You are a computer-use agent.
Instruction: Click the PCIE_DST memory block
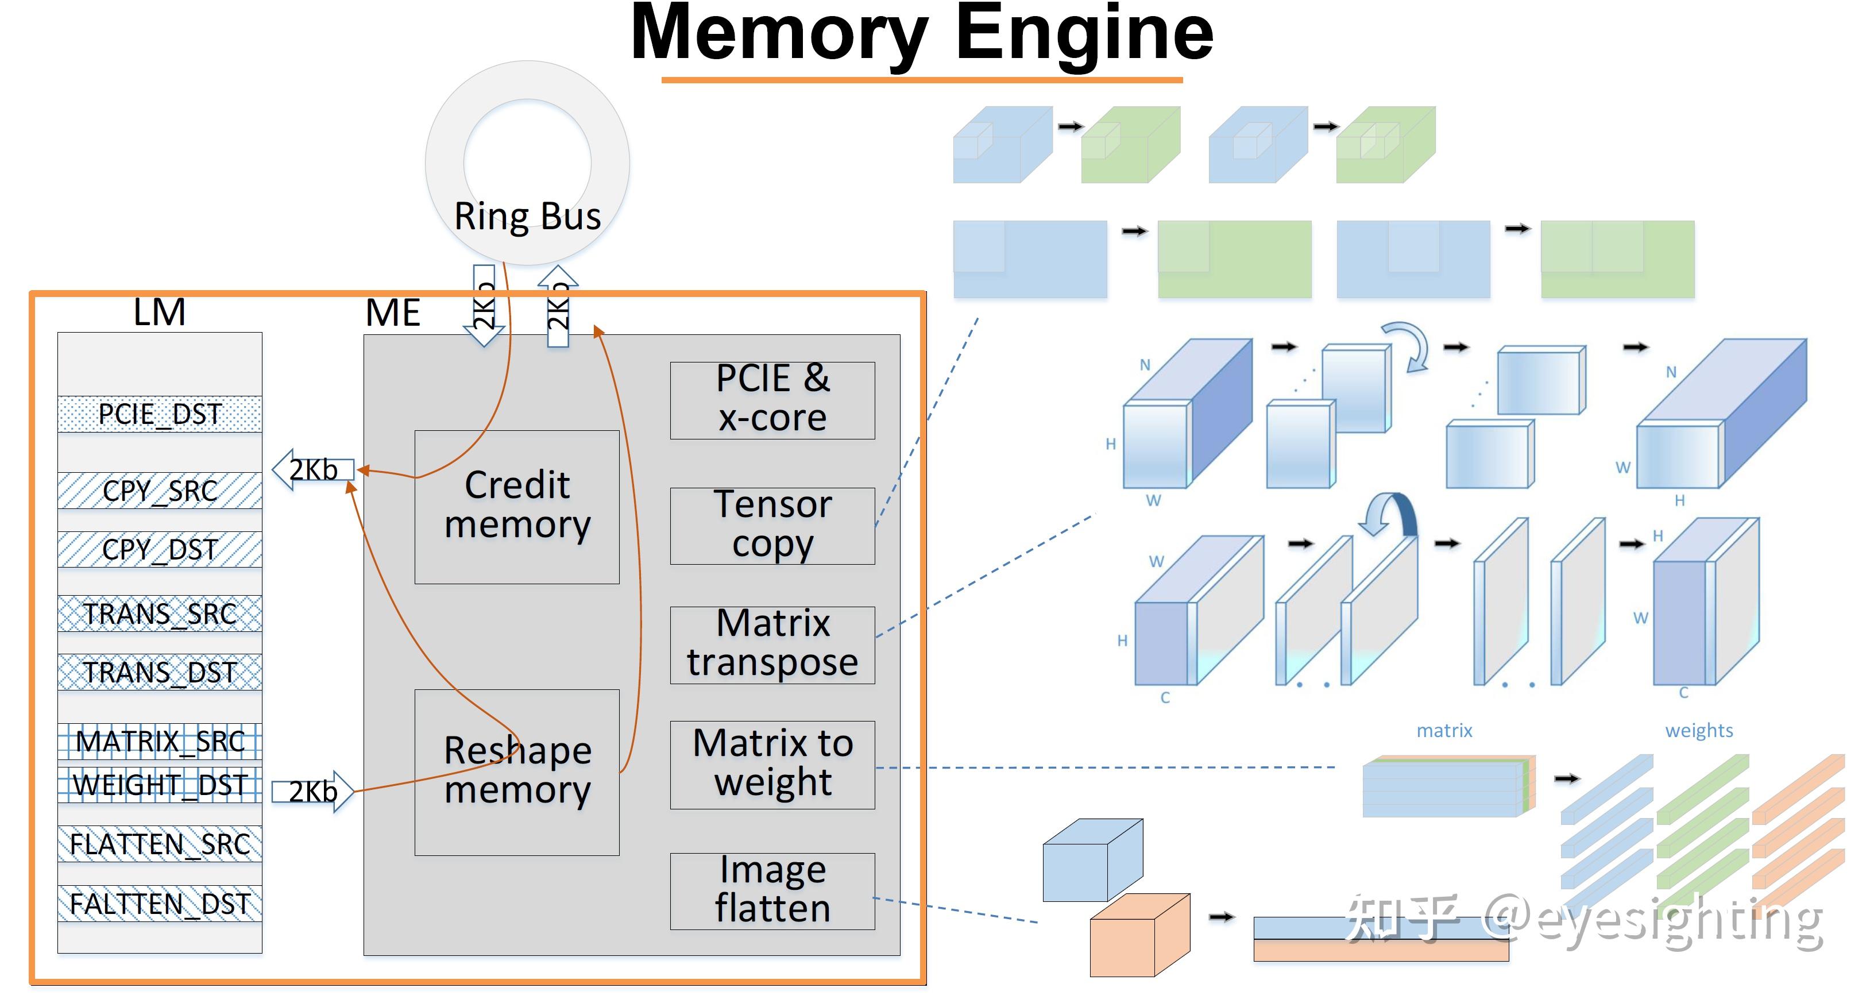(160, 414)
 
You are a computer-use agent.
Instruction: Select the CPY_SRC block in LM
(160, 491)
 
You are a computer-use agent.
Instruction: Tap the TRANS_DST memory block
(160, 673)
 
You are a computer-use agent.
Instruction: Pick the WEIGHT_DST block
(160, 785)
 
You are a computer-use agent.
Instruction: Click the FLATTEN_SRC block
(160, 844)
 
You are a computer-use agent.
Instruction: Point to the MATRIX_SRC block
(160, 742)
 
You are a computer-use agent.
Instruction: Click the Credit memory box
(517, 506)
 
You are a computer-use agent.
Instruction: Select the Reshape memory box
(517, 771)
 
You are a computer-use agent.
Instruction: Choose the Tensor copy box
(772, 525)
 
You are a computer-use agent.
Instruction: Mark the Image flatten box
(772, 890)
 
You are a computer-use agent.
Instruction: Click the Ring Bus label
(528, 217)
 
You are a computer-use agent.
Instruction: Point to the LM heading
(160, 313)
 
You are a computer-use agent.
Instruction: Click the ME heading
(393, 313)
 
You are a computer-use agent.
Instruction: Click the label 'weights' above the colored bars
(1699, 730)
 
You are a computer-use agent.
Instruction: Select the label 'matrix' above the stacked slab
(1444, 730)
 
